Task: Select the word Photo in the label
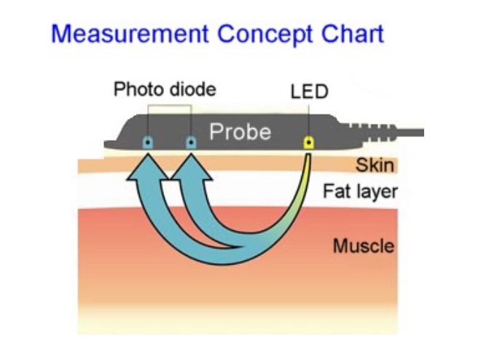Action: [x=136, y=90]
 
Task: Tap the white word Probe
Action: [x=240, y=132]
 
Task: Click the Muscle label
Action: [x=364, y=246]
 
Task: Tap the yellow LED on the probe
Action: [x=309, y=142]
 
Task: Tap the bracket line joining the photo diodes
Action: [x=170, y=105]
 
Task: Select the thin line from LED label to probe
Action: [x=309, y=117]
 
